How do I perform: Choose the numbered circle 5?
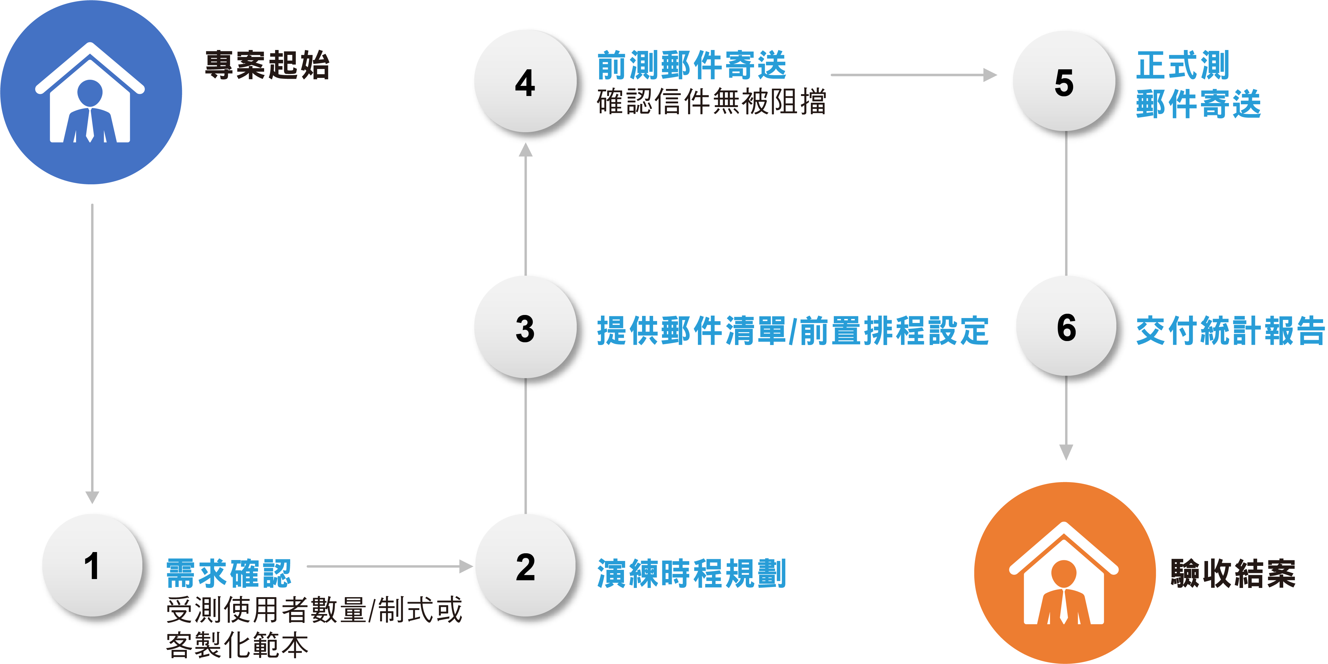tap(1064, 83)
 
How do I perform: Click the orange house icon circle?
tap(1064, 572)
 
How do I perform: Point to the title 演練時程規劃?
tap(691, 573)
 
